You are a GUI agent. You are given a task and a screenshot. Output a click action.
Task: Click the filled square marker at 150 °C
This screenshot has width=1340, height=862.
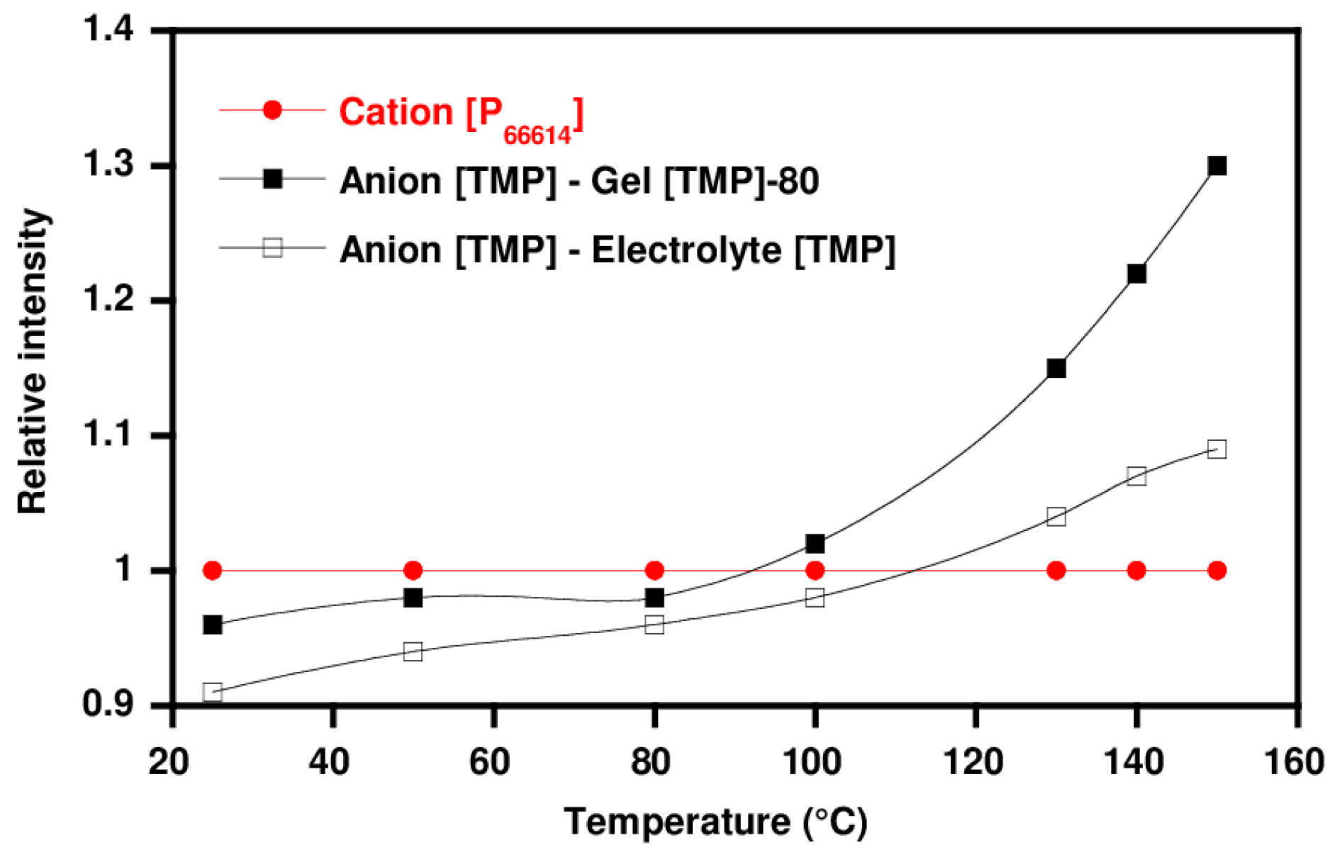(1217, 166)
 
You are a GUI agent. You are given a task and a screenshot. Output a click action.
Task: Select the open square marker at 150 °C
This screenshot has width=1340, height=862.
(1217, 449)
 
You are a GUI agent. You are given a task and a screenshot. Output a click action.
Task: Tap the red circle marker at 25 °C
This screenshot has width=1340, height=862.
(213, 571)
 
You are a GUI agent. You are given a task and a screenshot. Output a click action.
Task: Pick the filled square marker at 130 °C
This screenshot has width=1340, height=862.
(1056, 368)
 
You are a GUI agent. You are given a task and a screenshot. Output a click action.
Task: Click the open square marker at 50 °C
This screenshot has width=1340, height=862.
(413, 651)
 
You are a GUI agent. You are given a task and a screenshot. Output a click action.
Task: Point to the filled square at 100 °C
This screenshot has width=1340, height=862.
(815, 544)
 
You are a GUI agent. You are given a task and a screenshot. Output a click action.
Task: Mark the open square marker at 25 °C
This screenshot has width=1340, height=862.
(213, 692)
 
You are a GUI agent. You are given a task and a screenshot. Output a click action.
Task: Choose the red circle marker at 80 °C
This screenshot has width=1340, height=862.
(654, 571)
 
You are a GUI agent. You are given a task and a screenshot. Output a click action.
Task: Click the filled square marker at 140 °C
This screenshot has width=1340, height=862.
(1137, 274)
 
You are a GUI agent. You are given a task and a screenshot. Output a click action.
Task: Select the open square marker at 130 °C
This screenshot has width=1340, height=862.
(1056, 516)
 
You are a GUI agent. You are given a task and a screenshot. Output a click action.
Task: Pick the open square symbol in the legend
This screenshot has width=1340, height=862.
(272, 247)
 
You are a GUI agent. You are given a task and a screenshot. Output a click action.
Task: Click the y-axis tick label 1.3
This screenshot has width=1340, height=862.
(108, 165)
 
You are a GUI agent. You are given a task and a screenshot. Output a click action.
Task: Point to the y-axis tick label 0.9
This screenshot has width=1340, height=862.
(108, 705)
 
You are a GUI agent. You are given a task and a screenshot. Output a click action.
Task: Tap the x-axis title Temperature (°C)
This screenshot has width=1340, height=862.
(715, 822)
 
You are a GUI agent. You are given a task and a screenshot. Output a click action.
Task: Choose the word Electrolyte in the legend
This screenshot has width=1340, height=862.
(686, 250)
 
